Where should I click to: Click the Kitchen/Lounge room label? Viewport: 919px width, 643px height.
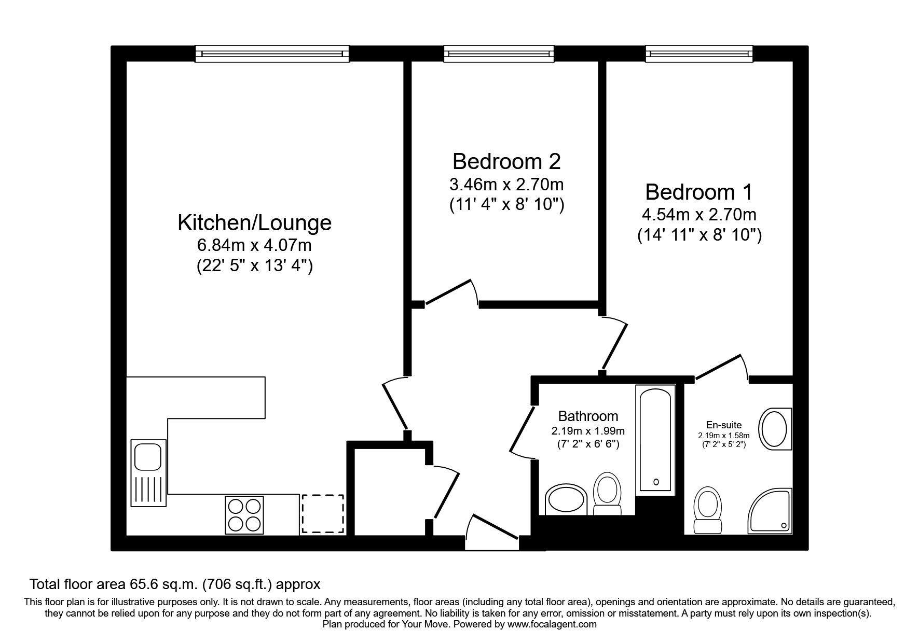(254, 222)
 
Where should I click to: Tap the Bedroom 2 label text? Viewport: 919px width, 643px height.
(506, 161)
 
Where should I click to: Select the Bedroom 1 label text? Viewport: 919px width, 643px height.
(698, 192)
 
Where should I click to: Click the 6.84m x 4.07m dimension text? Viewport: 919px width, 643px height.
(254, 244)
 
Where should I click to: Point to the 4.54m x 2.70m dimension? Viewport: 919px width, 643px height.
(698, 214)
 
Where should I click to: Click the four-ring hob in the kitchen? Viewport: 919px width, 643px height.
(244, 515)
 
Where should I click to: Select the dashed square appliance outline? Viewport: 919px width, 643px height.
(323, 513)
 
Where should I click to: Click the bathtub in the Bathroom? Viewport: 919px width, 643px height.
(656, 439)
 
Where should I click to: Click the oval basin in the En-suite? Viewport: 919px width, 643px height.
(775, 427)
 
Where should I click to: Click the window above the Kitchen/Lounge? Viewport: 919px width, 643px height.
(272, 53)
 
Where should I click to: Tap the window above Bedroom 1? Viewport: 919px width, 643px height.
(699, 53)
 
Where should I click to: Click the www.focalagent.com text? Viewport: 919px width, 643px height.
(552, 624)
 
